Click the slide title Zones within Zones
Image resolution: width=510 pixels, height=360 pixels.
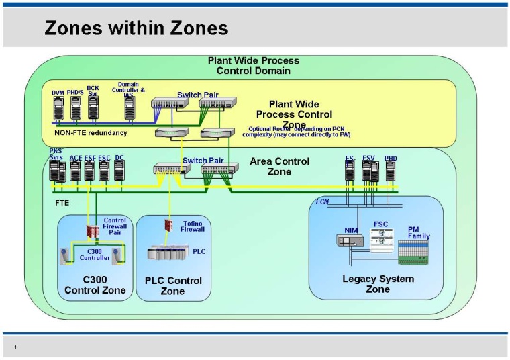[136, 28]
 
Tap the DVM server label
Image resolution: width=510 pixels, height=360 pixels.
[58, 92]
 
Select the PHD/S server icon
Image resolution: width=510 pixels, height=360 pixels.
[76, 109]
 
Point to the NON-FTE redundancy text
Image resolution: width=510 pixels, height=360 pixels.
[91, 133]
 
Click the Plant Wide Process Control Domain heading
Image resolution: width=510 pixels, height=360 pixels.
[253, 65]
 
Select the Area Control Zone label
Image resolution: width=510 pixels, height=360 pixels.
[279, 166]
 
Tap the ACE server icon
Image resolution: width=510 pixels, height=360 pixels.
[75, 171]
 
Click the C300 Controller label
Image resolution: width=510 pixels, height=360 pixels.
[95, 254]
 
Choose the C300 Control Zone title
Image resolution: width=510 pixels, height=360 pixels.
[95, 285]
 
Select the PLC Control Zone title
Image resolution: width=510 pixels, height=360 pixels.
[172, 286]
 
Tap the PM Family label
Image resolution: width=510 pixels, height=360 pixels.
[419, 232]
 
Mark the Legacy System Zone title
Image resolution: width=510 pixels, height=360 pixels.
[378, 283]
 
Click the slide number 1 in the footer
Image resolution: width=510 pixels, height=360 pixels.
[15, 347]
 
